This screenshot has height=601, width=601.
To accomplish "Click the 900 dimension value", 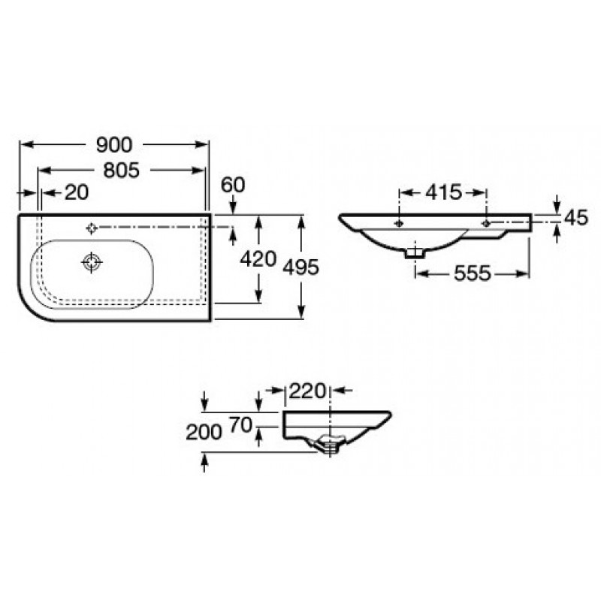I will click(x=113, y=143).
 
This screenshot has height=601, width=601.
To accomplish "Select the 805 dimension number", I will click(x=120, y=170).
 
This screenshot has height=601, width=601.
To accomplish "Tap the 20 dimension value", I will click(x=76, y=192).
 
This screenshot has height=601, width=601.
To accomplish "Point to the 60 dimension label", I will click(x=234, y=184).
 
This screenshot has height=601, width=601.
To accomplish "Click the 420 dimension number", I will click(x=258, y=259).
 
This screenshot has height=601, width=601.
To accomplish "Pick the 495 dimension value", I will click(x=303, y=267).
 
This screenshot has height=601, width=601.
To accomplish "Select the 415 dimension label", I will click(x=443, y=192).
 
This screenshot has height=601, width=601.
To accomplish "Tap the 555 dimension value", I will click(x=472, y=274).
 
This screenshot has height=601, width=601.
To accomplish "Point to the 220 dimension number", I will click(x=309, y=391).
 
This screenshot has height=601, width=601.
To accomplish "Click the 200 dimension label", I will click(x=204, y=431).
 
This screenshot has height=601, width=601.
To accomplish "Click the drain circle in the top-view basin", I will click(x=92, y=261).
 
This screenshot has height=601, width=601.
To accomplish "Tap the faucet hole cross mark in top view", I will click(x=92, y=227).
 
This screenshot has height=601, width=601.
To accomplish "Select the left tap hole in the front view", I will click(x=398, y=223).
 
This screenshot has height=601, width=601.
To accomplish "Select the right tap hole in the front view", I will click(x=487, y=223).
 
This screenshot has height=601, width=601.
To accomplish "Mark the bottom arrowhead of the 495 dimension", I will click(x=303, y=315).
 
